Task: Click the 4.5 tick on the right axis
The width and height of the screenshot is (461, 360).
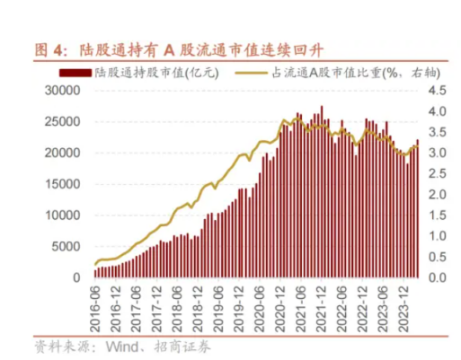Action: [x=438, y=91]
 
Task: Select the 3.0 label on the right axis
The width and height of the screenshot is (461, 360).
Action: [x=438, y=153]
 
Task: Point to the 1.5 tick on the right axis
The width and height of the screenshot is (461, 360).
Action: [x=438, y=215]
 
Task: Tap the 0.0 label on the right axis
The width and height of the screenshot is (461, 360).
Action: [x=438, y=277]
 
